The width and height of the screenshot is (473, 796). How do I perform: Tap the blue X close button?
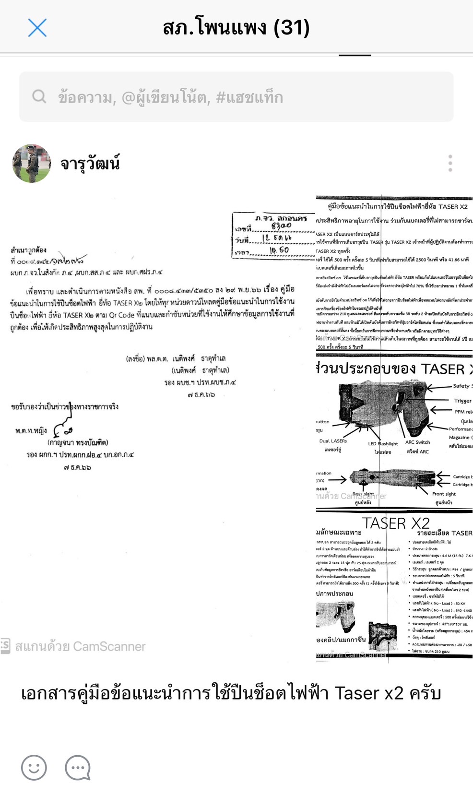(x=37, y=28)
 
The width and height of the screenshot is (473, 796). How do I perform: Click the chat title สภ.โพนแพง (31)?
(x=236, y=28)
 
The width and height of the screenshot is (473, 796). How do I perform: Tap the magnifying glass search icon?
(x=39, y=97)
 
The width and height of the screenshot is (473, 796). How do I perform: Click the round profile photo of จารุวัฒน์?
(x=32, y=164)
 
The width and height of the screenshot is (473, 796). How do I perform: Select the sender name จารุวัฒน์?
(x=90, y=164)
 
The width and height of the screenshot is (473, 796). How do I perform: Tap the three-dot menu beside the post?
(x=450, y=164)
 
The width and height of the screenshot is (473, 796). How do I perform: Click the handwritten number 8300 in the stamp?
(x=281, y=226)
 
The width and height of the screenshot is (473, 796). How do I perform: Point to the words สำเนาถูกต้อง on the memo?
(x=29, y=250)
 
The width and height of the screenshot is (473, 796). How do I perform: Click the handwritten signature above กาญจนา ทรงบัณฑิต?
(x=62, y=428)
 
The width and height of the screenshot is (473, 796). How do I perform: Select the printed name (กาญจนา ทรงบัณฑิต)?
(x=78, y=442)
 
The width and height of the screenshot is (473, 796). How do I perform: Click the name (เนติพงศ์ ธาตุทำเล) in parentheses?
(x=200, y=370)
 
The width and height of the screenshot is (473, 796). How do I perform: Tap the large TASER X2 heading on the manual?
(x=396, y=523)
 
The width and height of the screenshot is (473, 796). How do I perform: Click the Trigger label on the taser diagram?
(x=462, y=401)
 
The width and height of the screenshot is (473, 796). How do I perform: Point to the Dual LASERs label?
(x=333, y=441)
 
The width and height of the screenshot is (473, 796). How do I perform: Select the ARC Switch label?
(x=417, y=442)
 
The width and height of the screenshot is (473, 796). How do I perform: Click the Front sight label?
(x=444, y=494)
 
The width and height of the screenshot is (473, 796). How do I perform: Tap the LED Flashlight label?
(x=383, y=444)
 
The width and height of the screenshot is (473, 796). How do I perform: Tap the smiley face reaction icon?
(x=34, y=767)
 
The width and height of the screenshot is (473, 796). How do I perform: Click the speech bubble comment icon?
(x=78, y=767)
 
